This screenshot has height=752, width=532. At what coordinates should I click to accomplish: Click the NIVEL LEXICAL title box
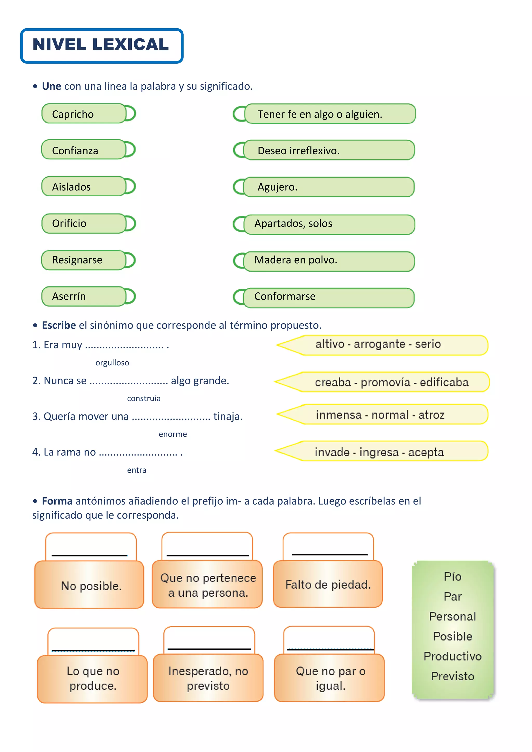pyautogui.click(x=102, y=45)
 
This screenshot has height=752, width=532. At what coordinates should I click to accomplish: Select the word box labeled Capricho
pyautogui.click(x=84, y=114)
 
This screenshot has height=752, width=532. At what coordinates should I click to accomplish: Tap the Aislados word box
pyautogui.click(x=84, y=186)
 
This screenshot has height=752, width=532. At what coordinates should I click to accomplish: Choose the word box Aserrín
pyautogui.click(x=84, y=296)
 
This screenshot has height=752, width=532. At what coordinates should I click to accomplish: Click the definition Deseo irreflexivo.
pyautogui.click(x=329, y=150)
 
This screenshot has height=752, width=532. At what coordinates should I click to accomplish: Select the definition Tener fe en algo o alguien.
pyautogui.click(x=330, y=114)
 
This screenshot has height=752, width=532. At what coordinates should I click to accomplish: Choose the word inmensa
pyautogui.click(x=339, y=415)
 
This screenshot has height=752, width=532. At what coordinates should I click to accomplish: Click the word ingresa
pyautogui.click(x=379, y=452)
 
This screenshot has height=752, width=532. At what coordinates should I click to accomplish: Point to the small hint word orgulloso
pyautogui.click(x=112, y=362)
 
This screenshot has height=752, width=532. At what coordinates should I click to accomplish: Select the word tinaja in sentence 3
pyautogui.click(x=228, y=416)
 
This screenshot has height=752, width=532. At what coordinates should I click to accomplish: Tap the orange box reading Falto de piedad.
pyautogui.click(x=328, y=584)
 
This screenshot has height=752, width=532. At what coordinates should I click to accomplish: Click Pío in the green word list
pyautogui.click(x=453, y=576)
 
